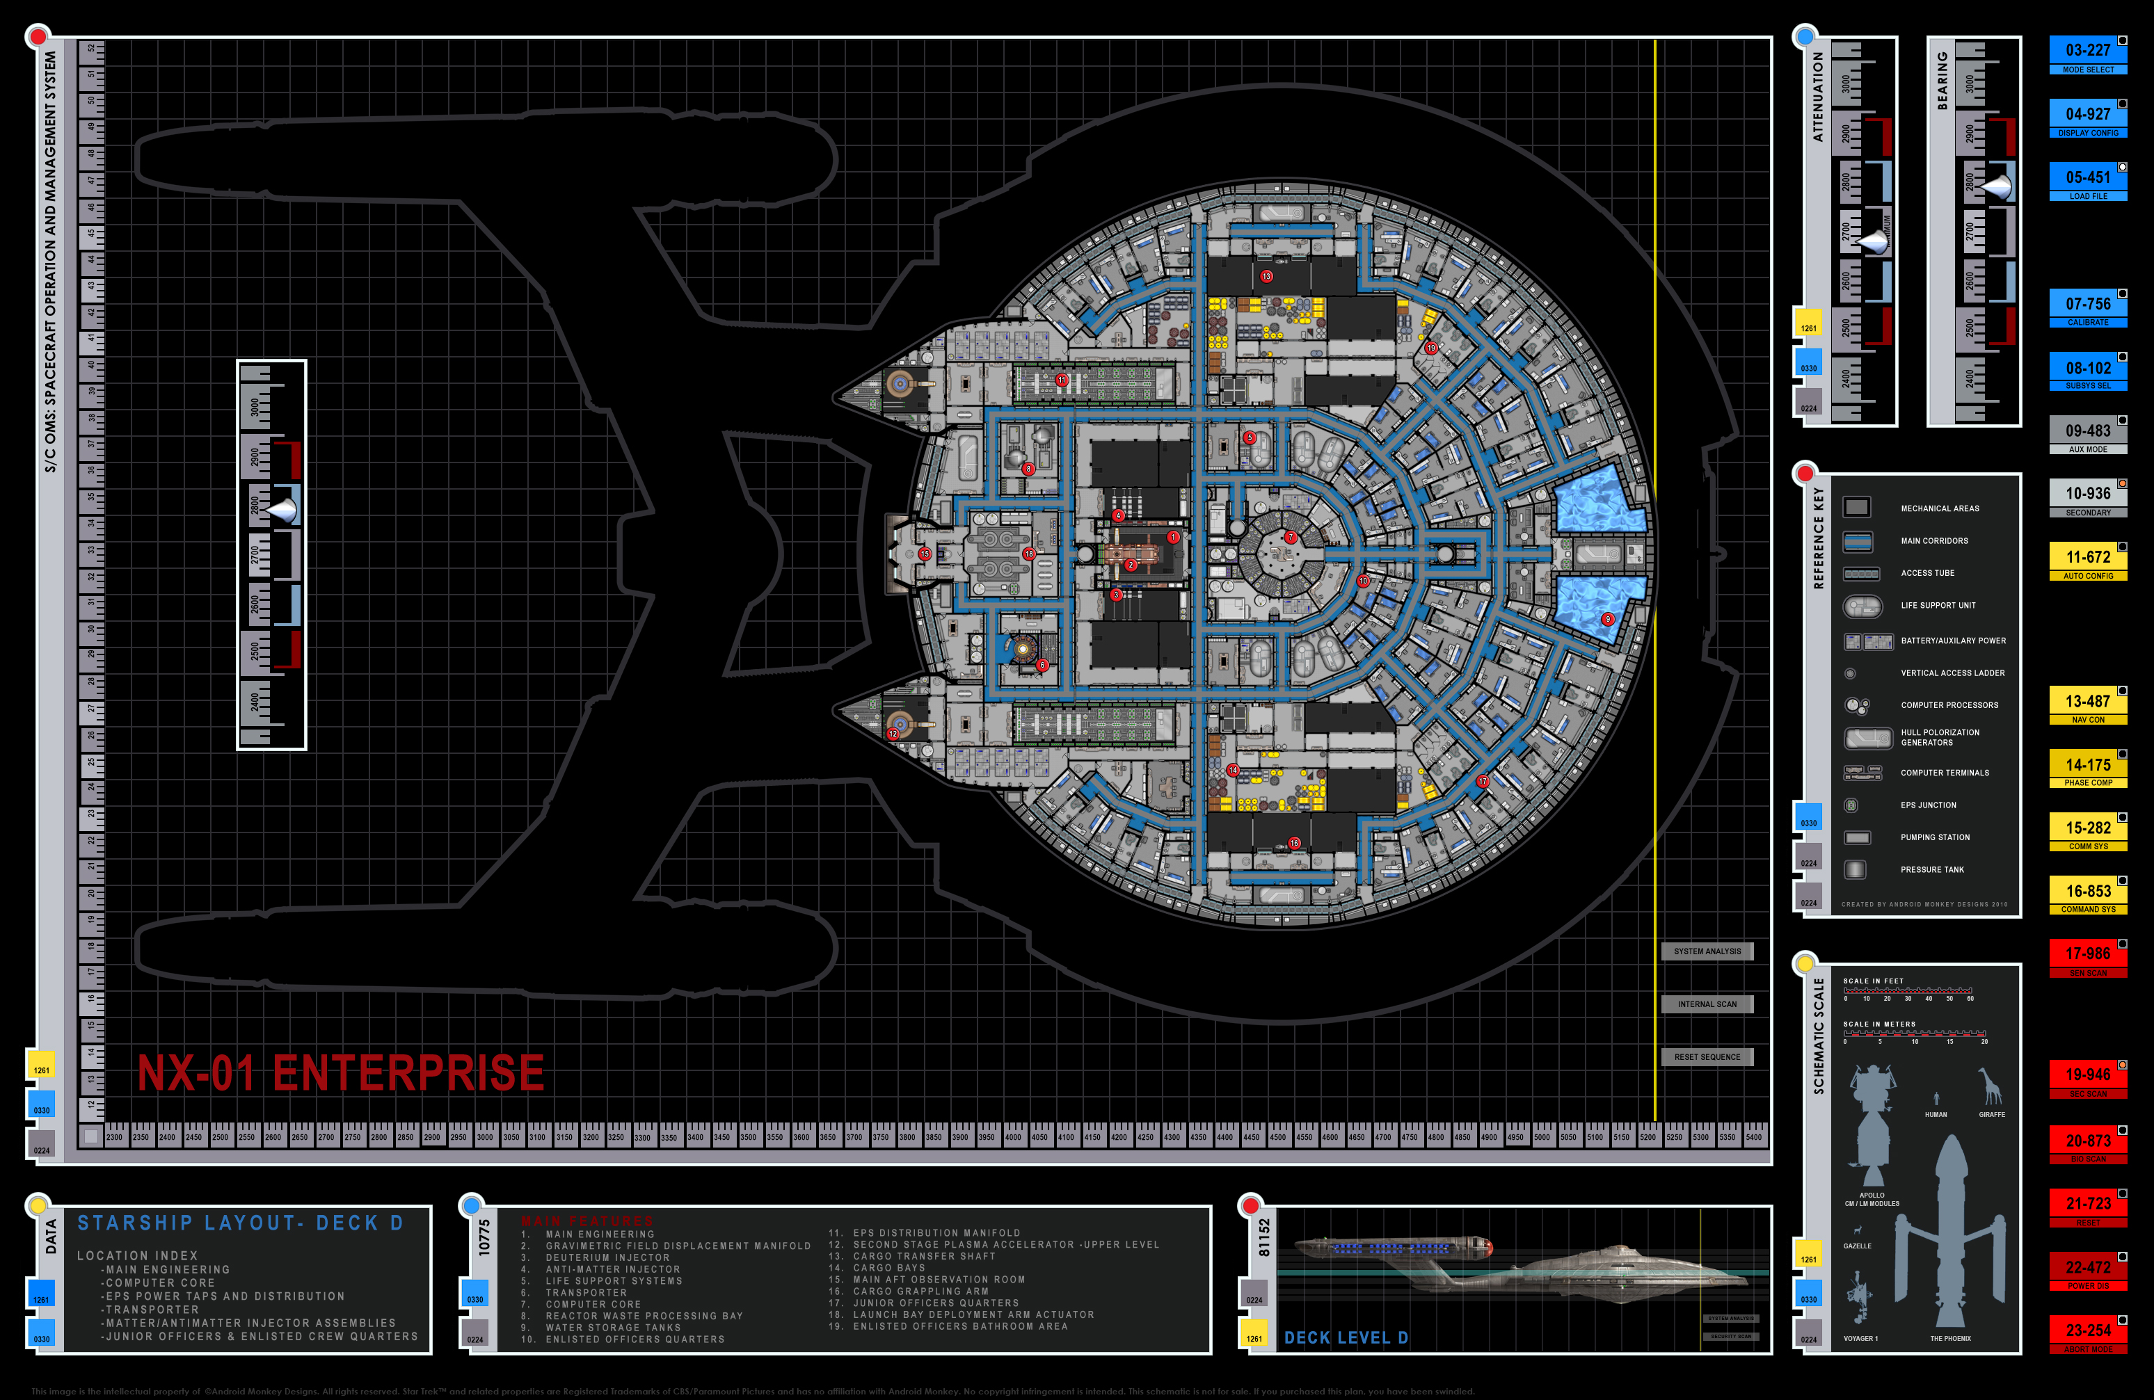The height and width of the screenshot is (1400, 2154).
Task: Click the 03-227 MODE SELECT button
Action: point(2087,55)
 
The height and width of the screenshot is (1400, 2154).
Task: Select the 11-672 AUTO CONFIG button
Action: point(2087,562)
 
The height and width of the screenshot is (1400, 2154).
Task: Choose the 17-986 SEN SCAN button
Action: point(2087,958)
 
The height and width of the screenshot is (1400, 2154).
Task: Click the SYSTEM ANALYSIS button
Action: point(1707,951)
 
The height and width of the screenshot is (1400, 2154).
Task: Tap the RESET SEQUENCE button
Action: point(1707,1057)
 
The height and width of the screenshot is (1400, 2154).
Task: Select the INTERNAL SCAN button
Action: point(1707,1004)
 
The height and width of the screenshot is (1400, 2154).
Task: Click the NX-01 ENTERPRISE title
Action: point(340,1073)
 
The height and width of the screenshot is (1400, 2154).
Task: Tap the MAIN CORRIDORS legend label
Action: point(1934,541)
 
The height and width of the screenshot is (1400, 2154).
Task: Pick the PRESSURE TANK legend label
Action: point(1932,869)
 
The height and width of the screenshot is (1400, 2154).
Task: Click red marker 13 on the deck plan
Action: point(1266,276)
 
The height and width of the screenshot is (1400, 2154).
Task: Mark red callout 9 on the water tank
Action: point(1607,619)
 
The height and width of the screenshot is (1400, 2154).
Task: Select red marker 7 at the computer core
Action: point(1291,538)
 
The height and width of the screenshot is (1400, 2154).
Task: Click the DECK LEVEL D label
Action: point(1346,1337)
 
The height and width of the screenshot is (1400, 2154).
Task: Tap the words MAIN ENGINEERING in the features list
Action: point(600,1234)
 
